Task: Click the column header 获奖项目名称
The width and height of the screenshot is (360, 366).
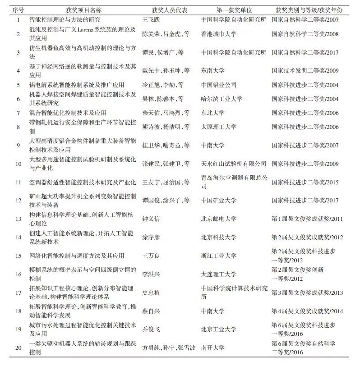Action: [83, 9]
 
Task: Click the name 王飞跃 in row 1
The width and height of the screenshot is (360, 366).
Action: [152, 20]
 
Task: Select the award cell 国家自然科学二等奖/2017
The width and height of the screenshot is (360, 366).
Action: [305, 52]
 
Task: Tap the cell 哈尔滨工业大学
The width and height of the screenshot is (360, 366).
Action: [222, 99]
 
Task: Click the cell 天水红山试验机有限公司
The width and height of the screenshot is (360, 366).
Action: [234, 164]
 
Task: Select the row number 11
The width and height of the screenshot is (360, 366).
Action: [18, 182]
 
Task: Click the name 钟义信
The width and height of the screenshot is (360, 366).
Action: [152, 219]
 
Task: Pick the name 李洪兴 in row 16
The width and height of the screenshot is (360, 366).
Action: [152, 274]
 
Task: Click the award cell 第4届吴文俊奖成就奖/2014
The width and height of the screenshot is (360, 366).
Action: [307, 311]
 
